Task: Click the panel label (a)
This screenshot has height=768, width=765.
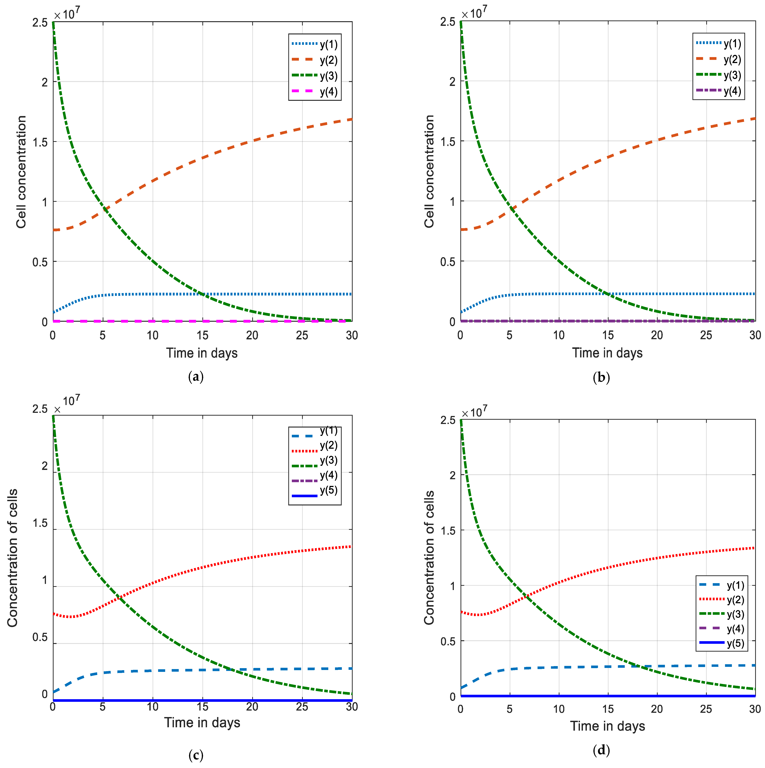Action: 196,376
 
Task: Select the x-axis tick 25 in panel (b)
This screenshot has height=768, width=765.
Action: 706,335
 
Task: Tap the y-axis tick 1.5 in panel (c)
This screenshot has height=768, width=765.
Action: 40,523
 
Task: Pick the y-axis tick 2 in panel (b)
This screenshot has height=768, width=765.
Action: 452,81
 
